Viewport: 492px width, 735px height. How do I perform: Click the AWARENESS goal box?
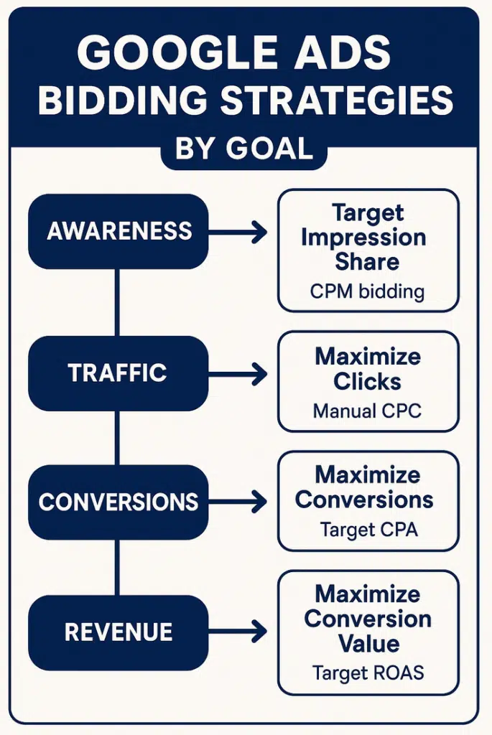coord(119,231)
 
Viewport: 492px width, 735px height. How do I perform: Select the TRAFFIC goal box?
coord(119,373)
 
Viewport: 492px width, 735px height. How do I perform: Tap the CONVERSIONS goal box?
coord(119,501)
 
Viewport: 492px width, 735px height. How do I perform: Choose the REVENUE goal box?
coord(119,632)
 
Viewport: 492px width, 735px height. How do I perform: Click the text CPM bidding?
coord(367,292)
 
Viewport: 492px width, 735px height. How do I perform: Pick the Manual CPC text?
coord(367,411)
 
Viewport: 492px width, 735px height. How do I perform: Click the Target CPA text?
coord(368,530)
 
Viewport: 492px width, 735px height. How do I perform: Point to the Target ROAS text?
coord(368,673)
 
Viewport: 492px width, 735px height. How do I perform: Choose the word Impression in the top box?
coord(367,238)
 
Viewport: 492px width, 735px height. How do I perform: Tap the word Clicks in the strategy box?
coord(367,381)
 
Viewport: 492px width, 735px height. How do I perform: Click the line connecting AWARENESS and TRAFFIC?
coord(117,301)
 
